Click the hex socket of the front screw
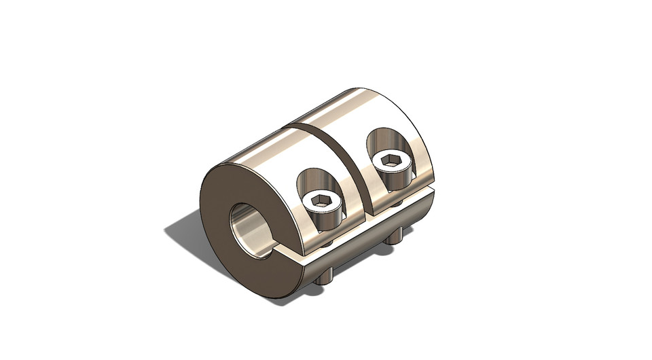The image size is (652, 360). click(x=319, y=200)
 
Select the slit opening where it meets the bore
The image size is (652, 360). click(x=275, y=254)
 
